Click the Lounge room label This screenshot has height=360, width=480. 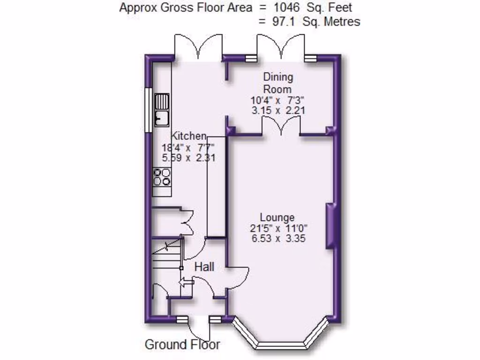[x=277, y=217]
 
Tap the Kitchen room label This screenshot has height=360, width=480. [x=188, y=136]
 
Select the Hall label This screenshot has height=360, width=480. [x=204, y=267]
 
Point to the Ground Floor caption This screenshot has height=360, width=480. [x=182, y=345]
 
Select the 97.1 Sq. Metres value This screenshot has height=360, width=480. [x=316, y=22]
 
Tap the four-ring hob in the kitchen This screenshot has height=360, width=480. [x=162, y=177]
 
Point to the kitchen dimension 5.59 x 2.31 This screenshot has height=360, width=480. [x=188, y=158]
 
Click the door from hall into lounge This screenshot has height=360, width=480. [x=239, y=277]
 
